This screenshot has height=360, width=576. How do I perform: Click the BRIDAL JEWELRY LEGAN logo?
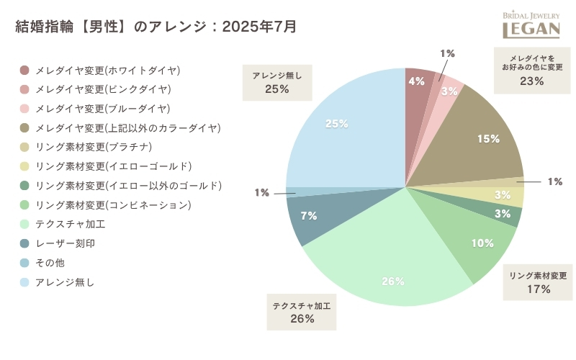(x=531, y=24)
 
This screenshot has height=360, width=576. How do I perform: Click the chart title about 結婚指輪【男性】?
(x=156, y=27)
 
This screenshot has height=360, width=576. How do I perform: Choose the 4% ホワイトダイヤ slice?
(x=417, y=83)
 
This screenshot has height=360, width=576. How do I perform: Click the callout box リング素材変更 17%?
(x=538, y=283)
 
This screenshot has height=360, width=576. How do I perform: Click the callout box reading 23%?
(x=531, y=69)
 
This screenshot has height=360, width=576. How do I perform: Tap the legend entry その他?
(x=50, y=263)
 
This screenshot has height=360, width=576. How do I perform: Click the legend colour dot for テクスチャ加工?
(x=25, y=225)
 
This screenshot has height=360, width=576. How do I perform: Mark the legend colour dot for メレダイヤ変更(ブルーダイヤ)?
(x=25, y=109)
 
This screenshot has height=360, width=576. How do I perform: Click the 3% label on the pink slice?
(x=449, y=91)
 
